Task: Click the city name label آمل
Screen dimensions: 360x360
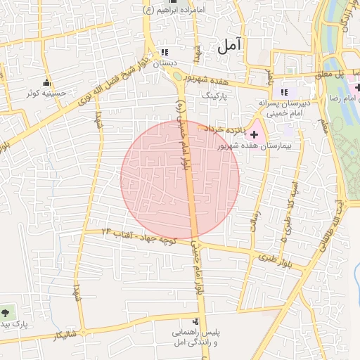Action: click(x=229, y=46)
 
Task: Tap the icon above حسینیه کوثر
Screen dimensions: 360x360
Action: click(x=47, y=81)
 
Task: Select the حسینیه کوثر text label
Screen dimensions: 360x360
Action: click(x=47, y=92)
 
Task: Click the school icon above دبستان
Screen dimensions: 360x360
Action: click(x=165, y=52)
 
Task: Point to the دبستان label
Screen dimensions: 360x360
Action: click(x=165, y=63)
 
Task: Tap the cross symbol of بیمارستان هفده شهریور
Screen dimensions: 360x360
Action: click(x=254, y=134)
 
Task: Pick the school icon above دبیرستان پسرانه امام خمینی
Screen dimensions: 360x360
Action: click(x=284, y=92)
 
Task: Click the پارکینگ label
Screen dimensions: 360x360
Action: click(x=215, y=93)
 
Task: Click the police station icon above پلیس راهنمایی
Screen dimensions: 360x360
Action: click(x=195, y=319)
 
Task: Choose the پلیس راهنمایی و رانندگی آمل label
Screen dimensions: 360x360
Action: click(x=196, y=335)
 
